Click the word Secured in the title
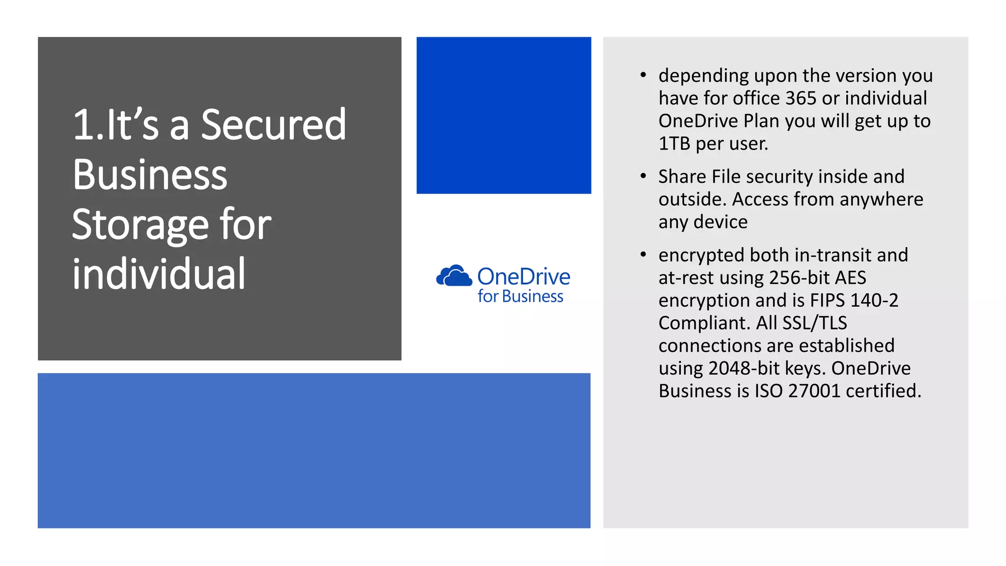[x=273, y=125]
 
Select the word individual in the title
[x=159, y=274]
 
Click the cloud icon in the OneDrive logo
[x=453, y=276]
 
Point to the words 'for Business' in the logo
[x=520, y=297]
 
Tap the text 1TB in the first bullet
[x=674, y=143]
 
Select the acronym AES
[x=850, y=278]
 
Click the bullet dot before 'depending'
[x=643, y=75]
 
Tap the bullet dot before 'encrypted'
[x=643, y=255]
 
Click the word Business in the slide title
[x=150, y=175]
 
